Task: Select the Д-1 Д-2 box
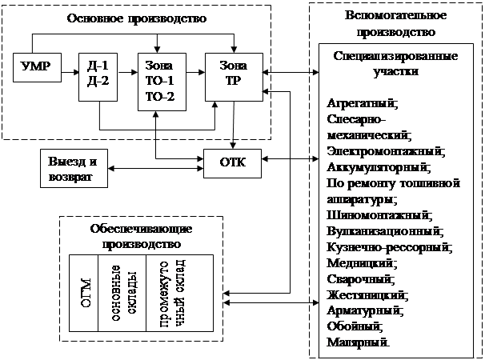pos(98,75)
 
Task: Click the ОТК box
pos(232,162)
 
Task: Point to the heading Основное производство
pos(143,18)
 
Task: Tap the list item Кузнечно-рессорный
pos(390,247)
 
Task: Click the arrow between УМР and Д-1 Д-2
pos(69,67)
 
